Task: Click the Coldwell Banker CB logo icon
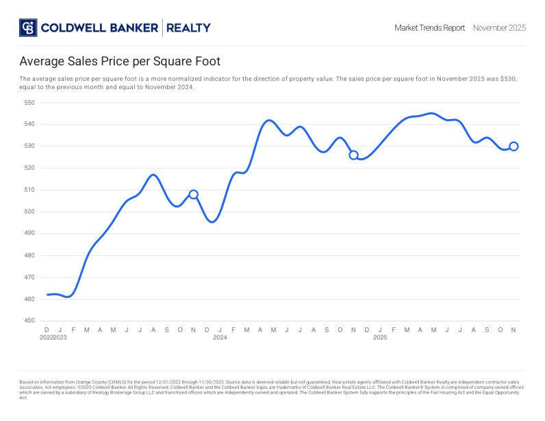pyautogui.click(x=27, y=27)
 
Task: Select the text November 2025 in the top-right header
pyautogui.click(x=499, y=28)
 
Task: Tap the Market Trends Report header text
pyautogui.click(x=429, y=28)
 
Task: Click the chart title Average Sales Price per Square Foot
pyautogui.click(x=120, y=62)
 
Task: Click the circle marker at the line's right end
pyautogui.click(x=514, y=146)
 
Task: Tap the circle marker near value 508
pyautogui.click(x=194, y=194)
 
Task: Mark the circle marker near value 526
pyautogui.click(x=353, y=155)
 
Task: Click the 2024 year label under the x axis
pyautogui.click(x=220, y=337)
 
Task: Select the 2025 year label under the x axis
pyautogui.click(x=380, y=337)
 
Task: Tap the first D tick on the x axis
pyautogui.click(x=47, y=329)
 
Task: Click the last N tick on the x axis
pyautogui.click(x=514, y=329)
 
